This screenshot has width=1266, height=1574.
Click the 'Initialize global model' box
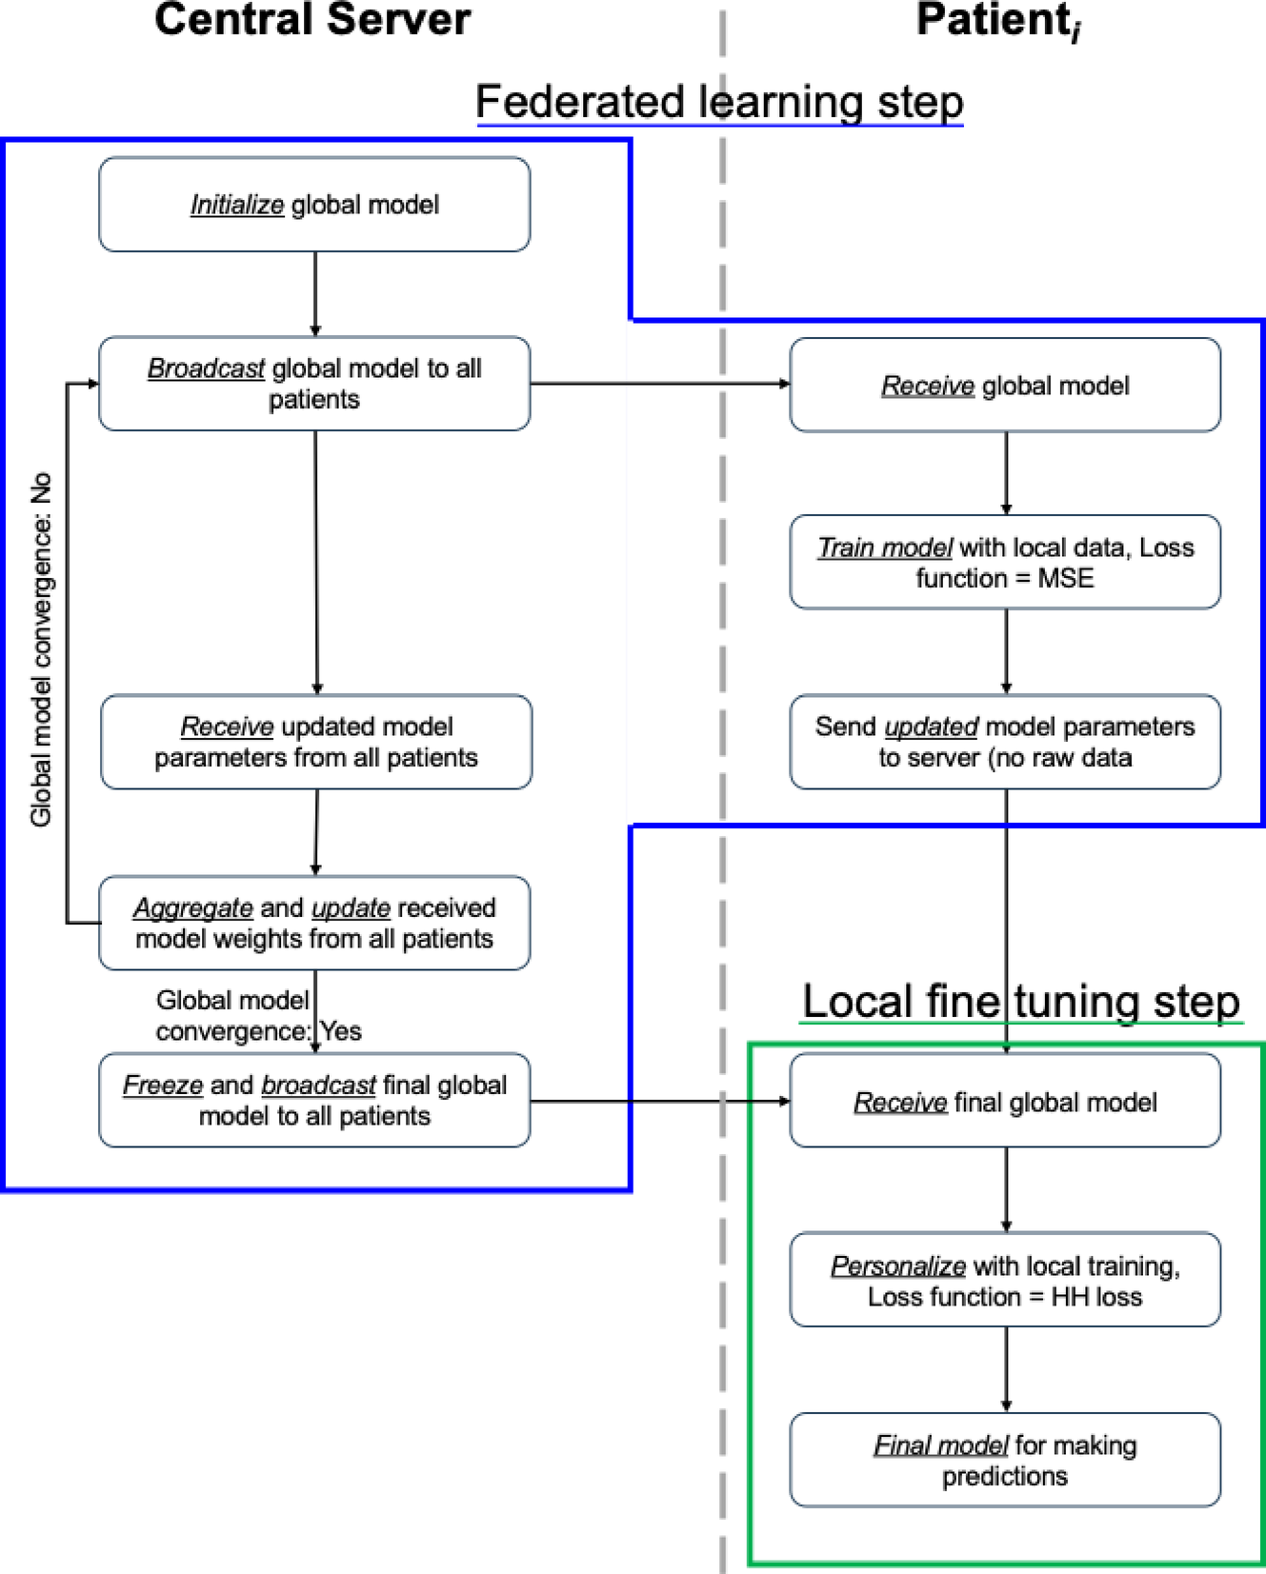[x=314, y=205]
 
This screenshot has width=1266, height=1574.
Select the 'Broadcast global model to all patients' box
[x=314, y=384]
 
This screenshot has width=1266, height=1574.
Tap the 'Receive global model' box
[x=1005, y=386]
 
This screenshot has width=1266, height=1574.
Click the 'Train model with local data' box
[x=1005, y=562]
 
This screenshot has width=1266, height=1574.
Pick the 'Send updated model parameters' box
[x=1005, y=742]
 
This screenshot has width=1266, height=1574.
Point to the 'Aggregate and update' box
[x=314, y=923]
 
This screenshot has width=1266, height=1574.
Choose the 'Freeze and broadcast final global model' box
[x=314, y=1100]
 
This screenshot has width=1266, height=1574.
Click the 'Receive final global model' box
[x=1005, y=1101]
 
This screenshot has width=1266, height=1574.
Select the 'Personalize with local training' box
[x=1005, y=1280]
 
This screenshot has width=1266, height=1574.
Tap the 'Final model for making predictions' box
[x=1005, y=1460]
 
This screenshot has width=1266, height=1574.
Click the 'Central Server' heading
[x=312, y=19]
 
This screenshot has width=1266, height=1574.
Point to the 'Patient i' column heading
[x=997, y=21]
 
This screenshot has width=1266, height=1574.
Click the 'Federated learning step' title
[x=719, y=101]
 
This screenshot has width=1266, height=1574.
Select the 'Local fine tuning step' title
[x=1020, y=1001]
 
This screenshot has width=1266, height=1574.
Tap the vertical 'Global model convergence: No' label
[x=41, y=649]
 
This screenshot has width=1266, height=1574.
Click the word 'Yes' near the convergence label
[x=341, y=1031]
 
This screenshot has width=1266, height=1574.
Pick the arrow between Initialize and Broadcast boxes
[x=315, y=293]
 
